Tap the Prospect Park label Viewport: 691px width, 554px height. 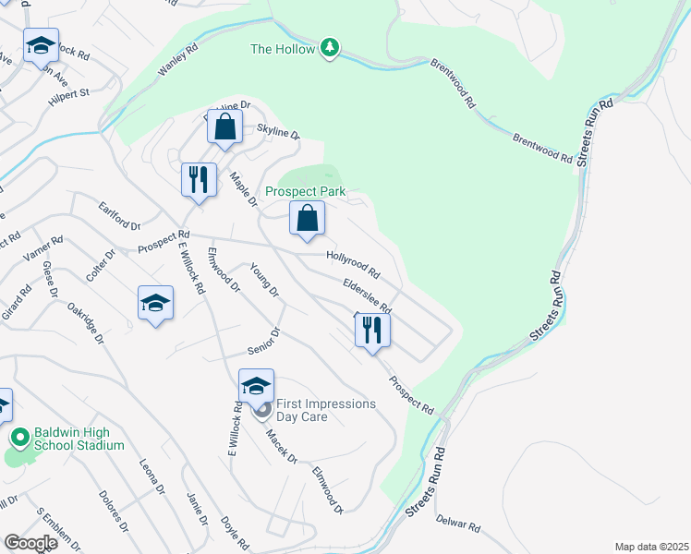click(305, 191)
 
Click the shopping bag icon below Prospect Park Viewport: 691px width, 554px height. click(308, 219)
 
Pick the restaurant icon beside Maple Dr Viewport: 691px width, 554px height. click(199, 179)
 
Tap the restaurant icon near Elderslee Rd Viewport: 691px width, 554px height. click(372, 330)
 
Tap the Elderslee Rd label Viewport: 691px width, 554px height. click(367, 295)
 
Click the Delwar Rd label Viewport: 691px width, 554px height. click(459, 525)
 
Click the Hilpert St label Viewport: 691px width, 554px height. click(69, 93)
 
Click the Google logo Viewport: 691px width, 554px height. click(30, 543)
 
